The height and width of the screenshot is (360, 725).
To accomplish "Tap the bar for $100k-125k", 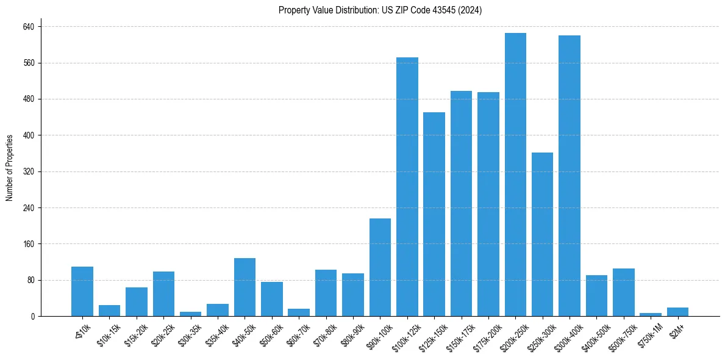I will (407, 187).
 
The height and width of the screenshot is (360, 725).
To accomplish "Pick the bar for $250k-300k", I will (542, 234).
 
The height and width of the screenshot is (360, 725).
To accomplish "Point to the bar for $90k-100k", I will (380, 267).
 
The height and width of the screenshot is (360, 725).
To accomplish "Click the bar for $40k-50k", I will (245, 287).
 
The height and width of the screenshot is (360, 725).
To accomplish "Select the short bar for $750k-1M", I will (650, 314).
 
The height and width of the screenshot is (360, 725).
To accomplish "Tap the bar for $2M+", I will (677, 312).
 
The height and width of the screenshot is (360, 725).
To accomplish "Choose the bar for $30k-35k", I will (190, 314).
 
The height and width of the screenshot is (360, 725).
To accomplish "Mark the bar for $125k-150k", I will (434, 214).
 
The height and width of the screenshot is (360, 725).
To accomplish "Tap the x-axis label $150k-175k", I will (458, 334).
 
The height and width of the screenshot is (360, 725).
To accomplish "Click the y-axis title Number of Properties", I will (10, 168).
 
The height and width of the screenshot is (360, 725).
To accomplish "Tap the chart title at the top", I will (380, 10).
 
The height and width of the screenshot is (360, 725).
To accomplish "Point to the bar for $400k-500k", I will (596, 296).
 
